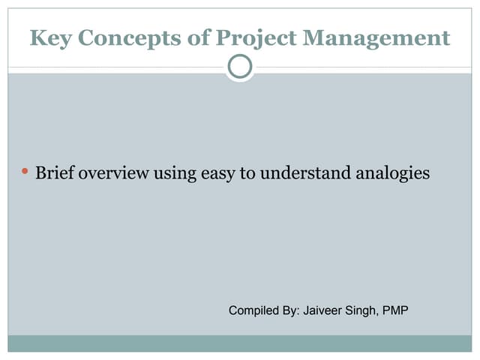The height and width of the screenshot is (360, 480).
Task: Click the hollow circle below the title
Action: (239, 67)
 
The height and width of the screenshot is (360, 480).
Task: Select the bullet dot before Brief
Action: (25, 172)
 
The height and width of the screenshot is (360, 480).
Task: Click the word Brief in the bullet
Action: (52, 173)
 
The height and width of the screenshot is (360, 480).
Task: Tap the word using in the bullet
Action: (174, 173)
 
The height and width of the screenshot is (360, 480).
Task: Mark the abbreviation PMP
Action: (395, 310)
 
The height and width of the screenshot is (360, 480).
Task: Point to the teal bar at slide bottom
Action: (240, 343)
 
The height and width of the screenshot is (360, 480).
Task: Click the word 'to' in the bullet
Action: (244, 173)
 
